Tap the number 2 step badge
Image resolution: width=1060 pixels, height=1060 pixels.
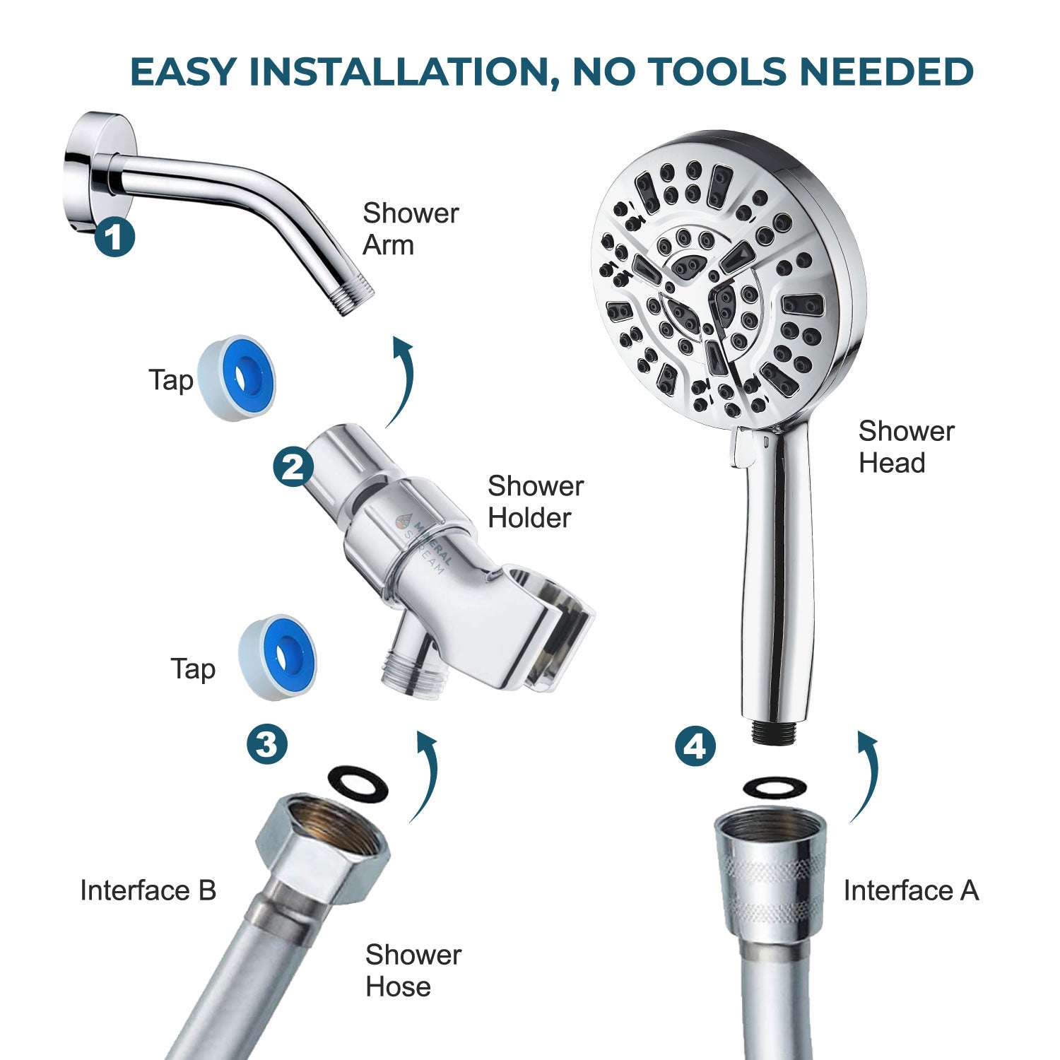point(293,466)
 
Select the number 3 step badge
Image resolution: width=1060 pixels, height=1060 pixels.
point(267,743)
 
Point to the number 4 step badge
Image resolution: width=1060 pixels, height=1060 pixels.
point(695,746)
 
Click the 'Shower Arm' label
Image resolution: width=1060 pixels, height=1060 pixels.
point(410,229)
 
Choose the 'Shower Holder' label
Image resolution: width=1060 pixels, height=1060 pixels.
point(535,502)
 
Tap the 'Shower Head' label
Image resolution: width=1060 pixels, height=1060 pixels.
point(906,447)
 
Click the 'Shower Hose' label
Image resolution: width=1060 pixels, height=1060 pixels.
point(413,970)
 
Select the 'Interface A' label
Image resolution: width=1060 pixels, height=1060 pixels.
point(911,890)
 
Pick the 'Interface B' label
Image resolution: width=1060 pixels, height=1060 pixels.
point(148,890)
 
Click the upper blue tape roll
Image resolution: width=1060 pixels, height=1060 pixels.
point(237,378)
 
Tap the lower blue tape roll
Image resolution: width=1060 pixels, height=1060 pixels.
point(278,658)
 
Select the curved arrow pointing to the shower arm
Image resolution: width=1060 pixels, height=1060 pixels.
point(399,382)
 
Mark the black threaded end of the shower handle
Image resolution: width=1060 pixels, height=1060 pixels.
point(776,732)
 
